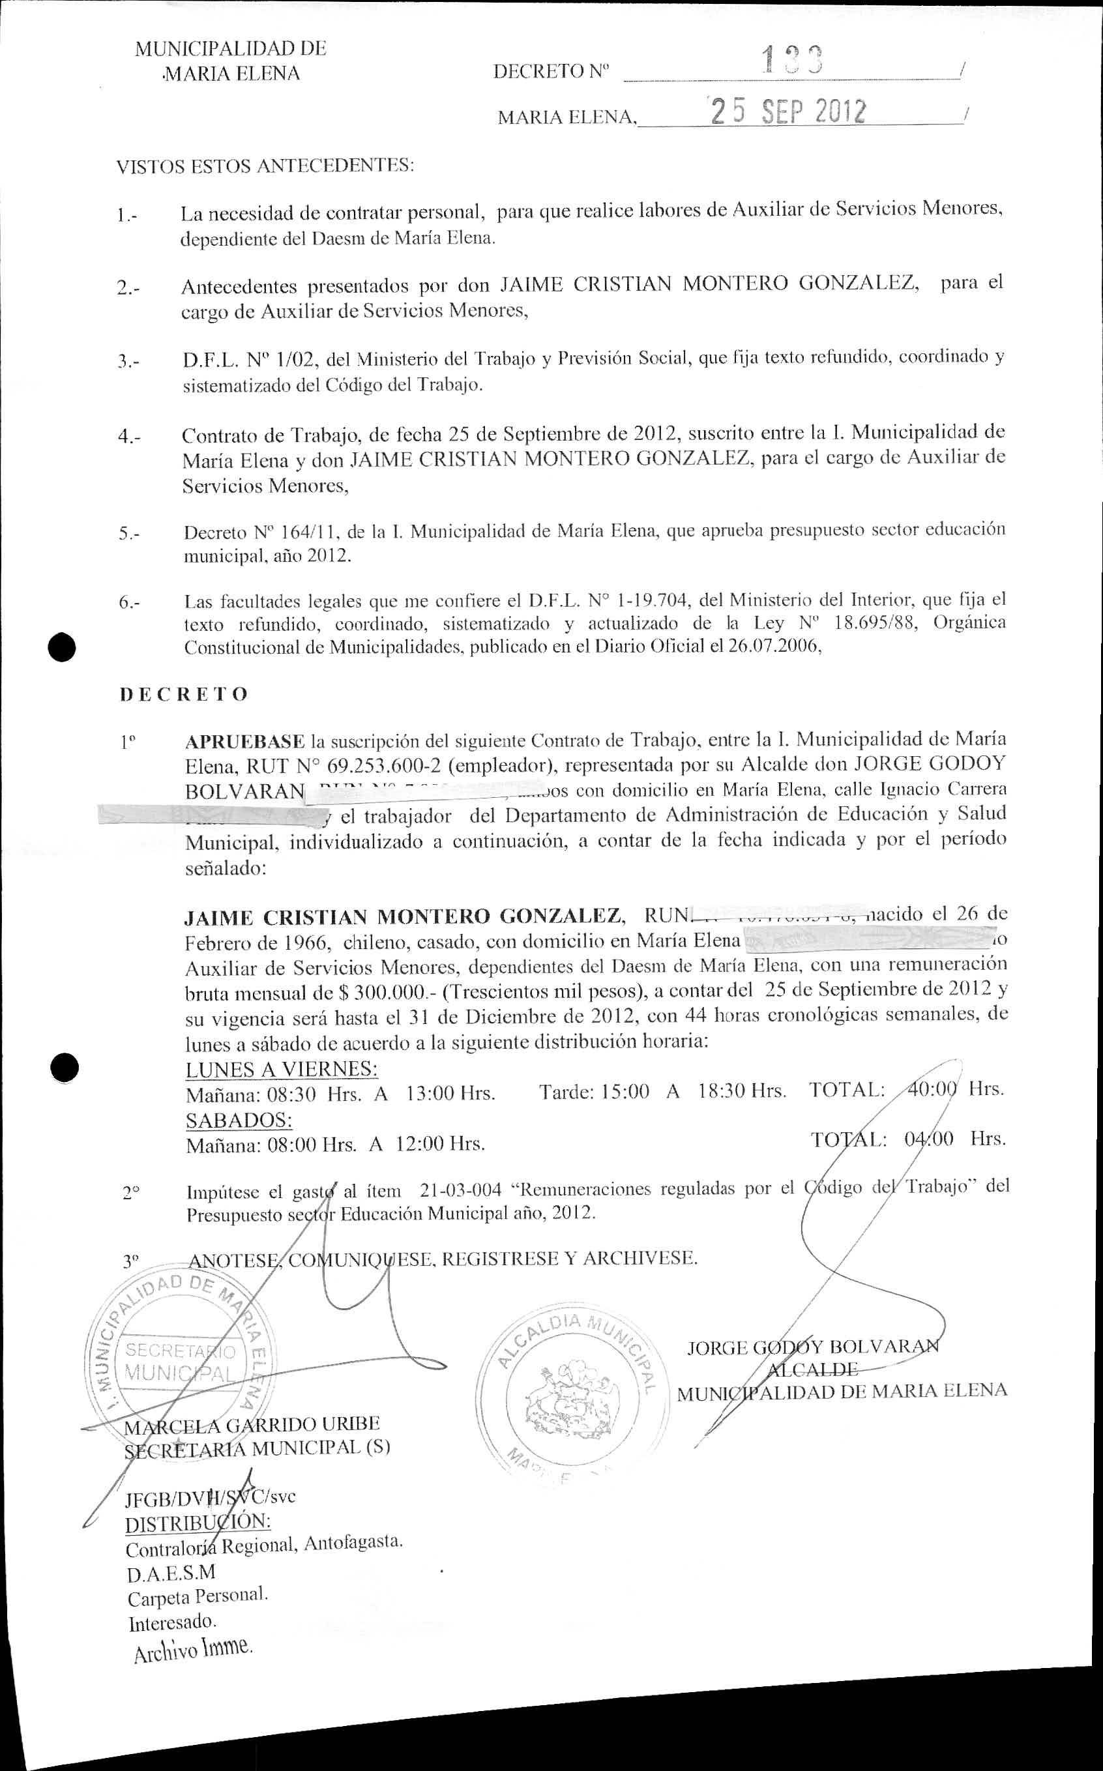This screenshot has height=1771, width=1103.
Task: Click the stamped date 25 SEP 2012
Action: point(789,111)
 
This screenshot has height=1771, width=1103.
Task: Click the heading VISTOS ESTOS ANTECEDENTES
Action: point(265,166)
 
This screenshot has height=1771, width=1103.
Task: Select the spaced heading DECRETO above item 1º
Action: point(184,694)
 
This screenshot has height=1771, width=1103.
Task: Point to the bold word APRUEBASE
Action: point(245,742)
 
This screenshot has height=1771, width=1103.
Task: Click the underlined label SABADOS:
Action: point(239,1120)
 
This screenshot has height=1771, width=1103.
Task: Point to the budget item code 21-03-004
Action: point(461,1190)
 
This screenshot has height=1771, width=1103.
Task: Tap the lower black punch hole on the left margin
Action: point(64,1068)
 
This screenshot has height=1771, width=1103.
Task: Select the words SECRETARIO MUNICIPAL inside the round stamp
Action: point(179,1361)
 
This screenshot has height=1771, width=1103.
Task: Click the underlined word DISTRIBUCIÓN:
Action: point(198,1524)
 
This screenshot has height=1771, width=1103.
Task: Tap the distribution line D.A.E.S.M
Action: point(171,1572)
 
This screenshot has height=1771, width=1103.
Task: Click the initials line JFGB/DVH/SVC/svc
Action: point(210,1498)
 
